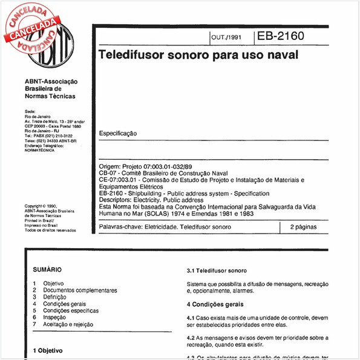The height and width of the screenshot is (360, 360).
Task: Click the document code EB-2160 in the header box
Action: coord(280,36)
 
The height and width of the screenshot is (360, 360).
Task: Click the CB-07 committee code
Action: coord(106,172)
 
